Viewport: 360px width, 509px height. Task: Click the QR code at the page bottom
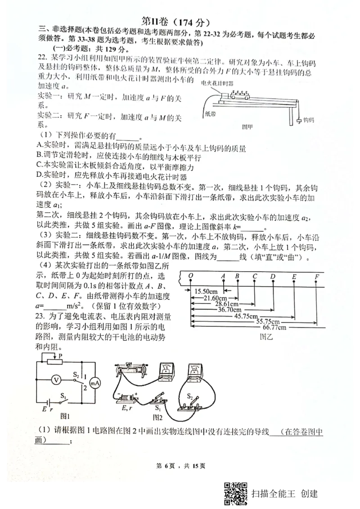pos(235,494)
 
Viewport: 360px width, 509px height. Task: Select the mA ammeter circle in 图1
pos(95,383)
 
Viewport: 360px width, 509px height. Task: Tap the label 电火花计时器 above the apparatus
pos(219,83)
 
